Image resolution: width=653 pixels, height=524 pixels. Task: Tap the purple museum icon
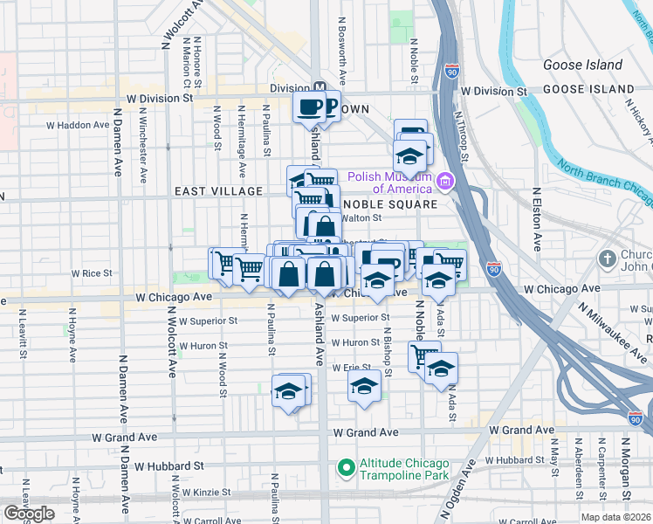(446, 182)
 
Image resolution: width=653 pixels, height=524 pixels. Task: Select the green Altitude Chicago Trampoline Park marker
(346, 469)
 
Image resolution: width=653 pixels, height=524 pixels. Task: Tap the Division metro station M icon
(320, 88)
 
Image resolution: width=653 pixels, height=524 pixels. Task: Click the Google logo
(30, 514)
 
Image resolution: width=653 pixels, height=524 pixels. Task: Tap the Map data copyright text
(616, 517)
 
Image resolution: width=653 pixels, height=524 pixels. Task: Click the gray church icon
(608, 259)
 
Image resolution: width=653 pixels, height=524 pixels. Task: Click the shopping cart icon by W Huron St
(424, 355)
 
